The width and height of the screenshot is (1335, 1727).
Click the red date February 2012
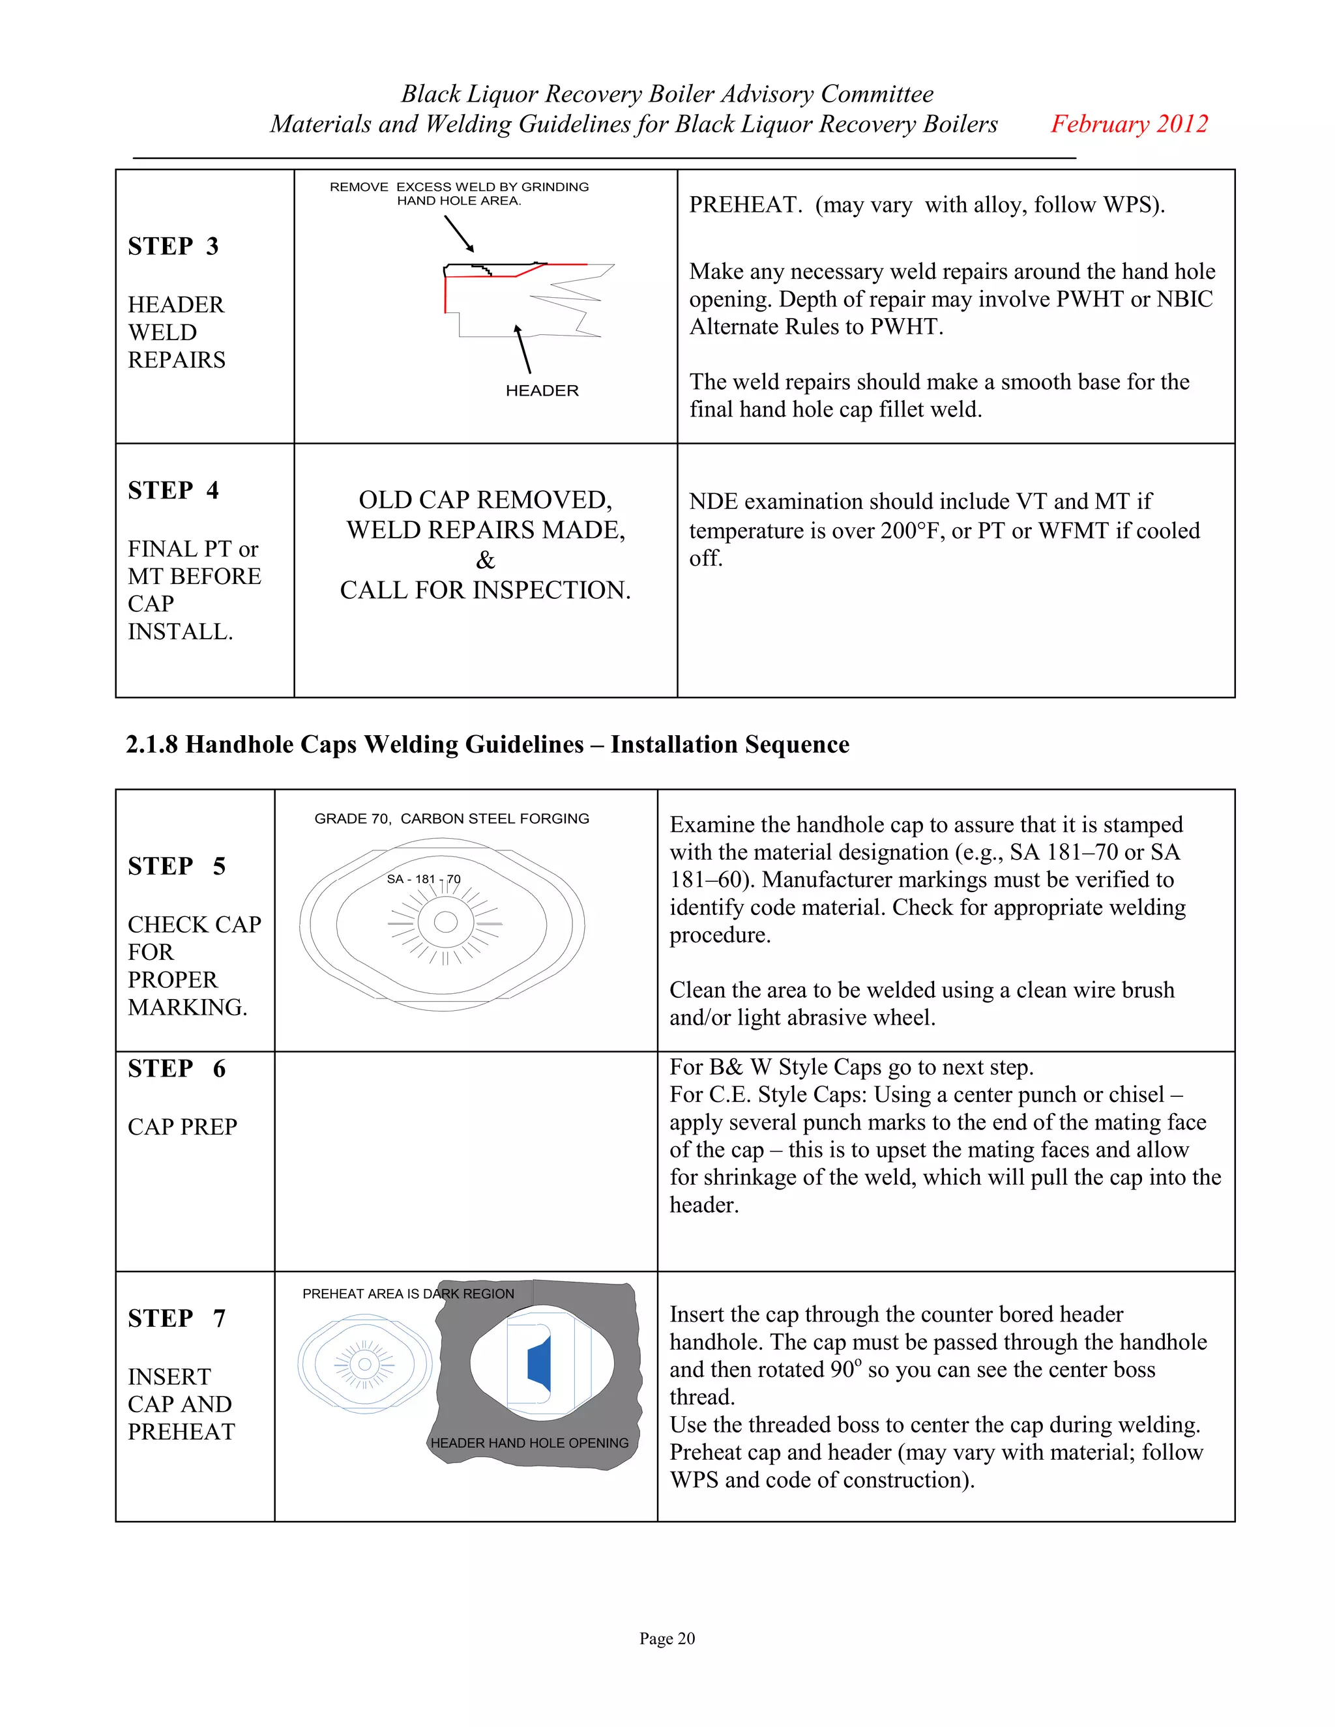[1128, 124]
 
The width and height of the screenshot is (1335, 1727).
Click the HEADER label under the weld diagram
[542, 390]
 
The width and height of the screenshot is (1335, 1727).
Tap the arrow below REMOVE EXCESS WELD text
[459, 233]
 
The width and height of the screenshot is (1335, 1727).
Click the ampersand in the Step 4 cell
[485, 560]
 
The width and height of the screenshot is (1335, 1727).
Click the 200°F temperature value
[912, 530]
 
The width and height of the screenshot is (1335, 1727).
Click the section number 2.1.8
[152, 744]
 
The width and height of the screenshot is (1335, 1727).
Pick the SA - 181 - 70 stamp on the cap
[423, 879]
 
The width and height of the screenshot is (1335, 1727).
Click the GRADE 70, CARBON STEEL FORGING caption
[452, 819]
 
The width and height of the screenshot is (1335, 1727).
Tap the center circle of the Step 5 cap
[445, 922]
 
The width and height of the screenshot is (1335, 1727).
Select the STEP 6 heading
[177, 1068]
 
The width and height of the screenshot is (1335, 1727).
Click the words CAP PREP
[182, 1127]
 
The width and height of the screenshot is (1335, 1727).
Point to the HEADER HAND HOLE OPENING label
[529, 1443]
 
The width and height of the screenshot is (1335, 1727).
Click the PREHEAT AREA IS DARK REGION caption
[408, 1294]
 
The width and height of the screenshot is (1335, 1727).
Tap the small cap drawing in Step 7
[364, 1364]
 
